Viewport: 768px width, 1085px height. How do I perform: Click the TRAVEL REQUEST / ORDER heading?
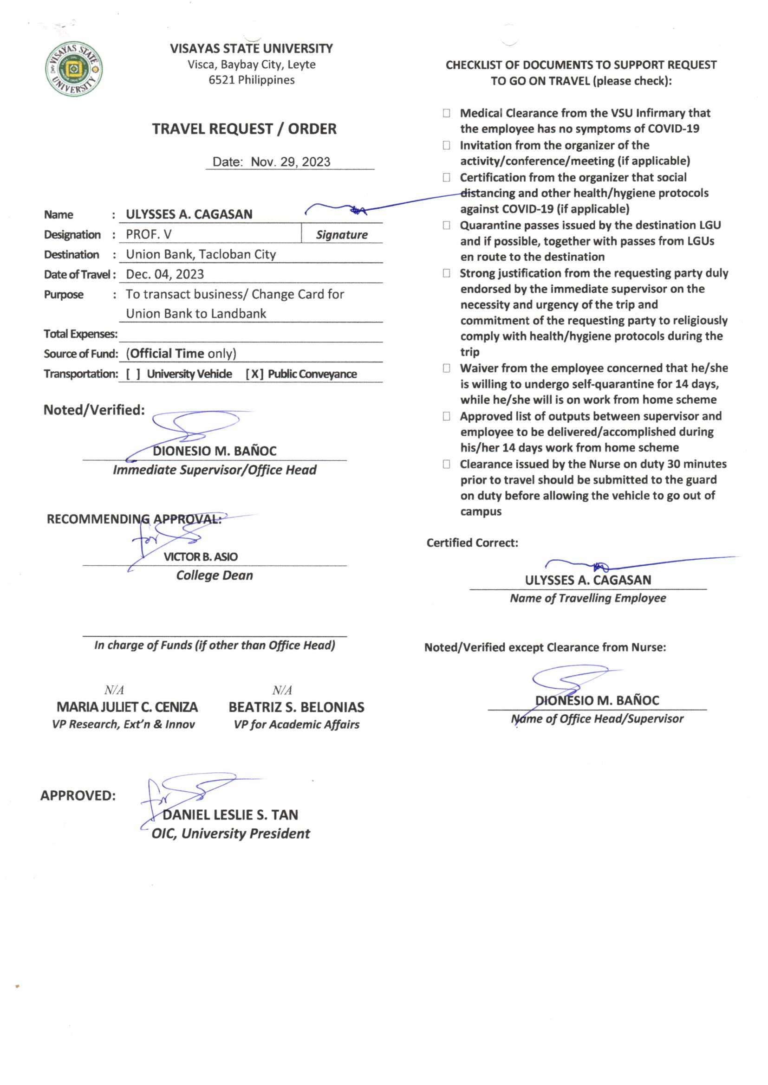click(x=244, y=129)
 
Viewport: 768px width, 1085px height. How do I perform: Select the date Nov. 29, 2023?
click(x=290, y=162)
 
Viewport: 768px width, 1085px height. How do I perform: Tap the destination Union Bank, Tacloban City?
click(x=201, y=254)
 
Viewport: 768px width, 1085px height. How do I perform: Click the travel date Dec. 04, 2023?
click(x=164, y=275)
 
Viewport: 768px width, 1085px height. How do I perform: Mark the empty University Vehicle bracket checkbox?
click(x=133, y=374)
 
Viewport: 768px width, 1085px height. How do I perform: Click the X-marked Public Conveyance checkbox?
click(x=254, y=374)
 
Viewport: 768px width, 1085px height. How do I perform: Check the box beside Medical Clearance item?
click(x=446, y=113)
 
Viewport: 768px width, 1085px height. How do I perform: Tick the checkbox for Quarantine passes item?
click(x=446, y=226)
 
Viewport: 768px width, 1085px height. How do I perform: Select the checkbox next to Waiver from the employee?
click(x=446, y=368)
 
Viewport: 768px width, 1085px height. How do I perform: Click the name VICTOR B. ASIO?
click(x=201, y=557)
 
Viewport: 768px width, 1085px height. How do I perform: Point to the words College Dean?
click(x=214, y=575)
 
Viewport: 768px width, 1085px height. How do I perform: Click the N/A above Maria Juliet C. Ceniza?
click(x=114, y=691)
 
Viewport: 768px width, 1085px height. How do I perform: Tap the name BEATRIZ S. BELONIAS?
click(x=296, y=707)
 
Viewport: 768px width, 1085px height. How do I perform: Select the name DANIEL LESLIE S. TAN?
click(x=230, y=815)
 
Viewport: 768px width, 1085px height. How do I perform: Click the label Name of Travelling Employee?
click(x=587, y=598)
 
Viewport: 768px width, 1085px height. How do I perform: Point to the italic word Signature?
click(x=341, y=235)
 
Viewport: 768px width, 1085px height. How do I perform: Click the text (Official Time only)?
click(x=181, y=354)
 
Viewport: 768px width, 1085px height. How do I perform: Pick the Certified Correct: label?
click(x=472, y=543)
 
